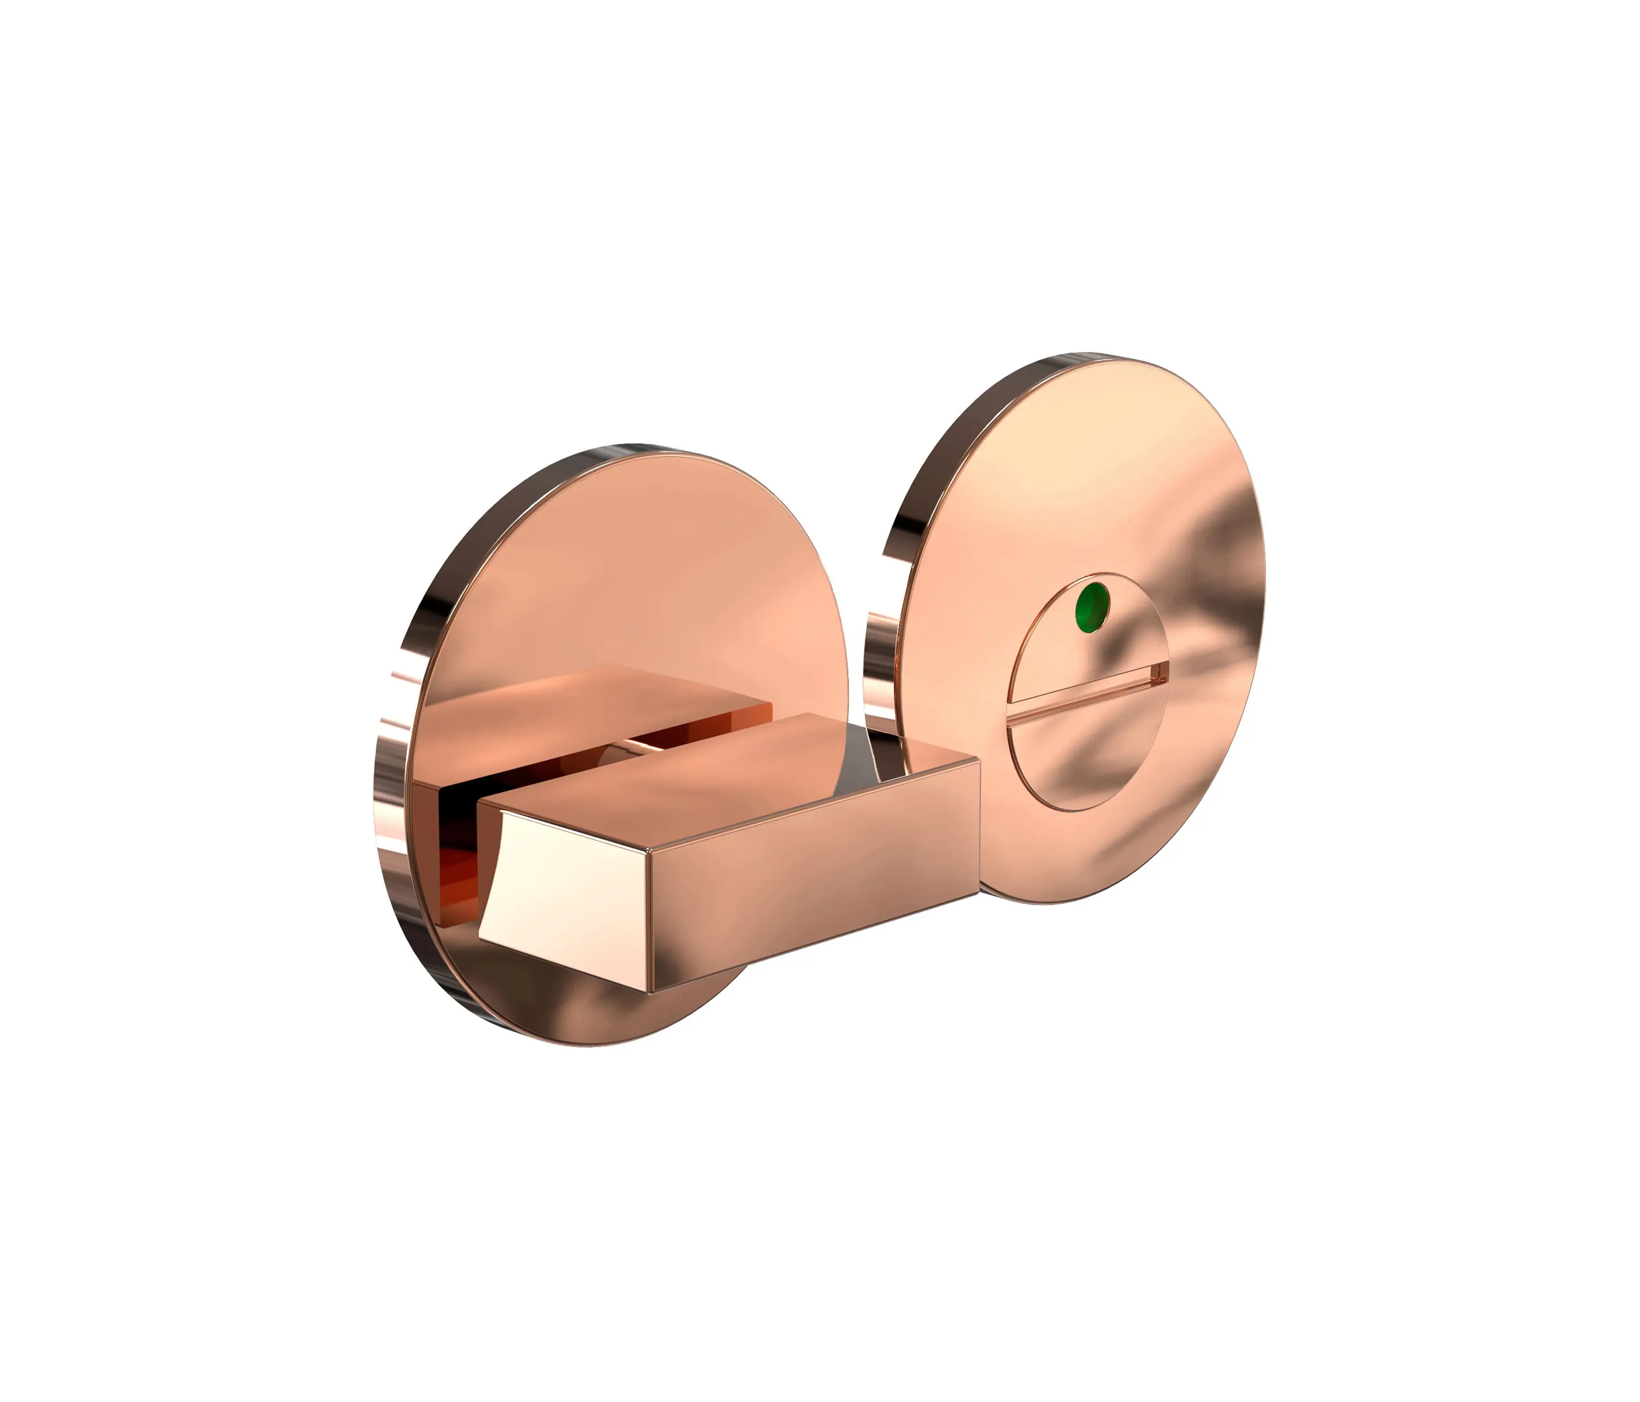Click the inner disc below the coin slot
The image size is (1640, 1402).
[x=1092, y=760]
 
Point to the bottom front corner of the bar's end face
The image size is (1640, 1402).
[x=649, y=991]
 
